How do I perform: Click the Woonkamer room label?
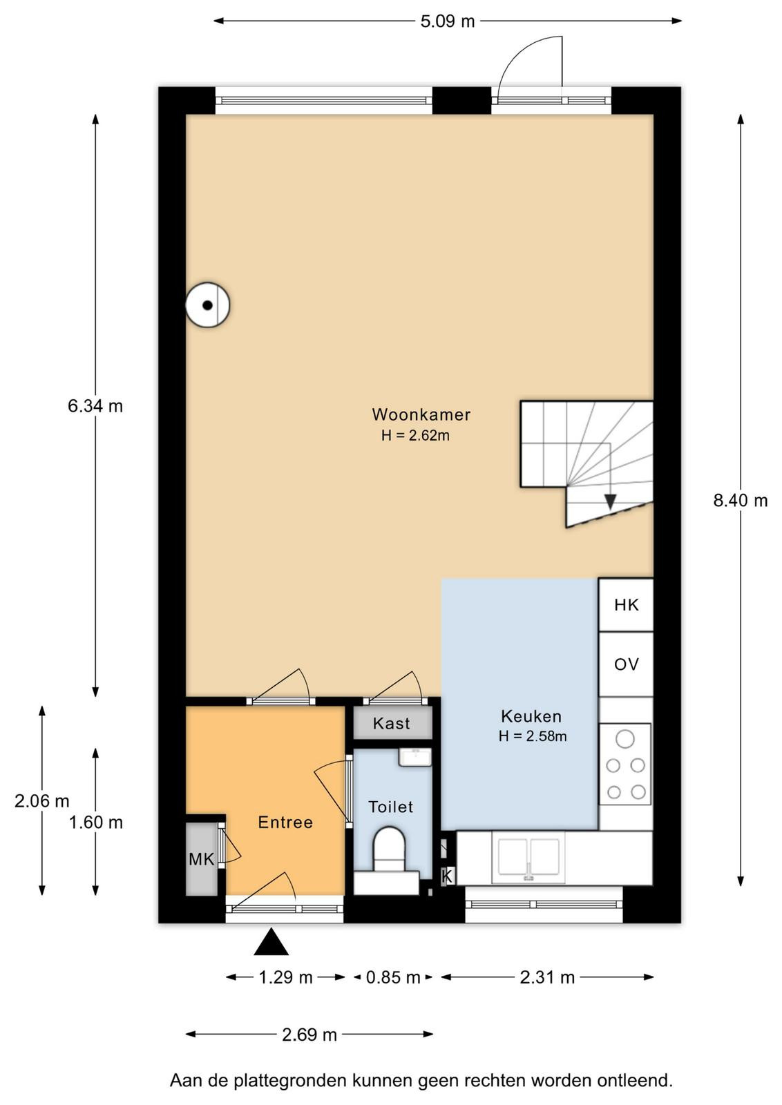click(x=421, y=414)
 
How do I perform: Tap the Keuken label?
click(x=531, y=715)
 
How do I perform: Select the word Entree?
click(x=285, y=823)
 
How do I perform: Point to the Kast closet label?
click(x=391, y=723)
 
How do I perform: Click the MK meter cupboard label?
click(x=201, y=859)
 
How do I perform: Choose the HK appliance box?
click(x=626, y=605)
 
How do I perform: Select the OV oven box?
click(x=626, y=664)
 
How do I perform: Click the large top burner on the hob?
click(x=625, y=740)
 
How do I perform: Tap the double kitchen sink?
click(x=528, y=858)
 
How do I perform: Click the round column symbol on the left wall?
click(x=207, y=305)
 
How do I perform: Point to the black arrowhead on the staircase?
click(x=610, y=501)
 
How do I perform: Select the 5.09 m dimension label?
click(x=448, y=21)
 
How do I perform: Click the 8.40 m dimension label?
click(x=740, y=501)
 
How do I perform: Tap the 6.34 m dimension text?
click(x=95, y=406)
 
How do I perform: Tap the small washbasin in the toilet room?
click(x=415, y=757)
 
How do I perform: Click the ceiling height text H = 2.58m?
click(x=533, y=736)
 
